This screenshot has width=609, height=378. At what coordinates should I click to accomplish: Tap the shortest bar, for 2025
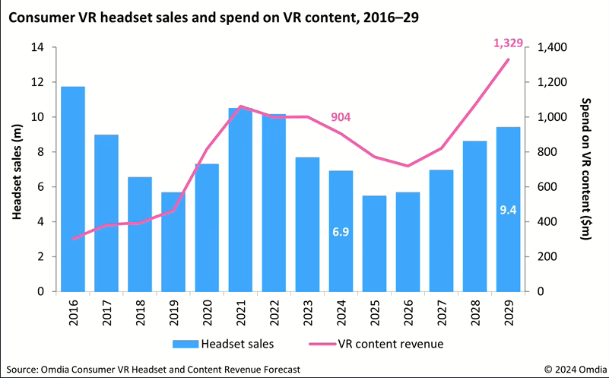click(x=374, y=243)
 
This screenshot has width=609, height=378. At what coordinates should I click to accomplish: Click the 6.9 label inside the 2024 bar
click(x=341, y=231)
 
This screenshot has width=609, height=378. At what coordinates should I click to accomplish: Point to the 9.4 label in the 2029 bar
click(x=508, y=209)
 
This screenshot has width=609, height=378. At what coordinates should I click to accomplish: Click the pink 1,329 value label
click(x=509, y=43)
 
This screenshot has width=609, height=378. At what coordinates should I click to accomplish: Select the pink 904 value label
click(x=341, y=116)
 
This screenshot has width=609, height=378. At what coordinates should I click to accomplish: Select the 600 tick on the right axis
click(x=546, y=187)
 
